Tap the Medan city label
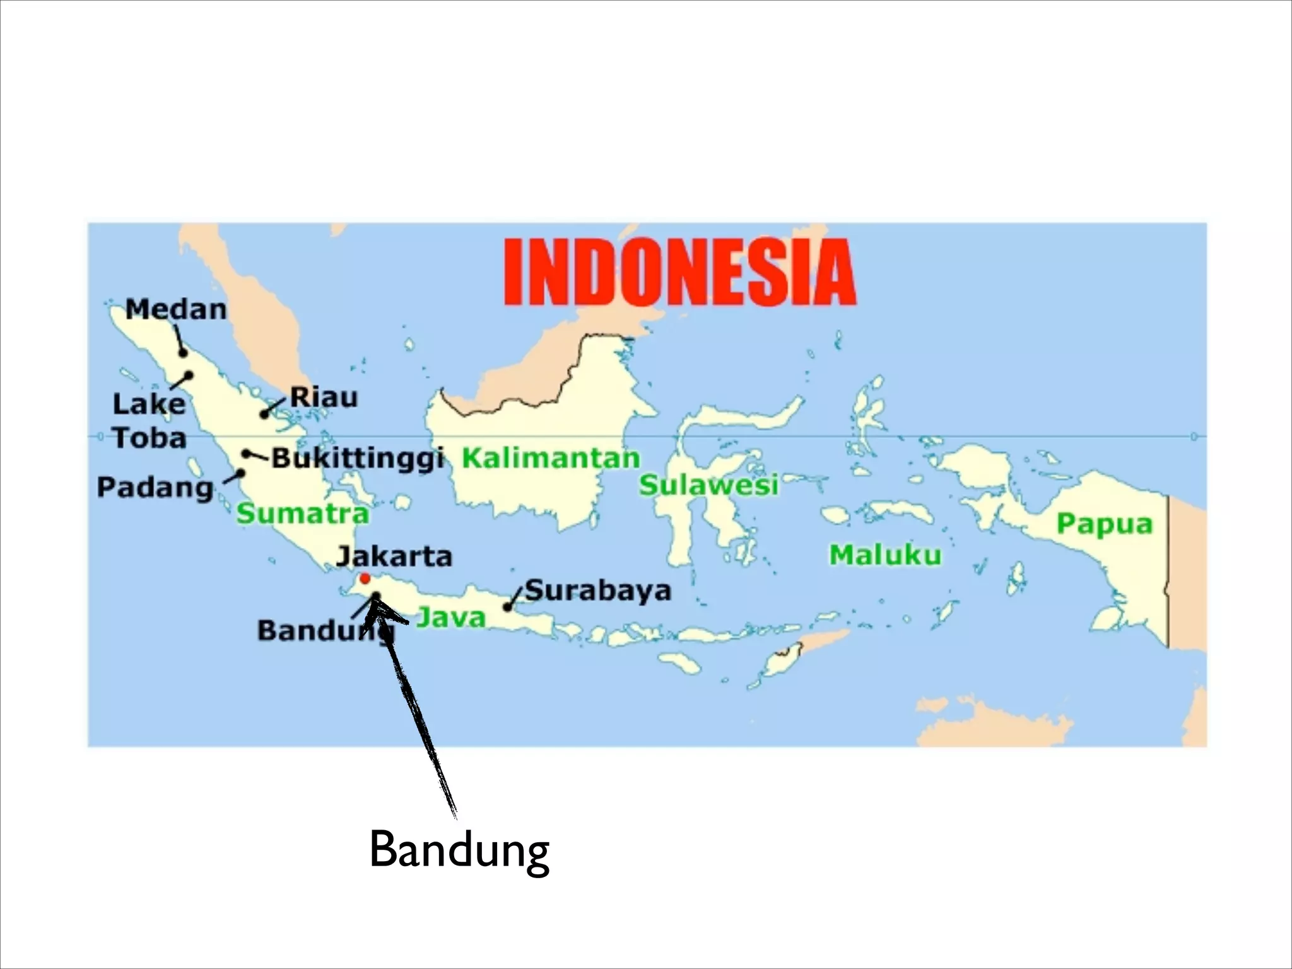(x=176, y=309)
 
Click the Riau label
(x=324, y=397)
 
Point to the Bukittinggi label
(x=358, y=459)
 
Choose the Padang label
(x=155, y=488)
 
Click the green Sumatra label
(x=303, y=514)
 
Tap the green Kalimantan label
(x=551, y=458)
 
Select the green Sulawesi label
(x=708, y=485)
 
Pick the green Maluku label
(x=884, y=555)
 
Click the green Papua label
(x=1104, y=524)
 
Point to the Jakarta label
(x=394, y=556)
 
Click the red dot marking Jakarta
(x=365, y=578)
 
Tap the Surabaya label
(x=597, y=590)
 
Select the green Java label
(x=451, y=617)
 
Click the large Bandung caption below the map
(x=459, y=852)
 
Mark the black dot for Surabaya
(x=507, y=608)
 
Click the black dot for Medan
(x=183, y=353)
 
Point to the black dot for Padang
(x=240, y=473)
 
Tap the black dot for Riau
(x=264, y=414)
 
